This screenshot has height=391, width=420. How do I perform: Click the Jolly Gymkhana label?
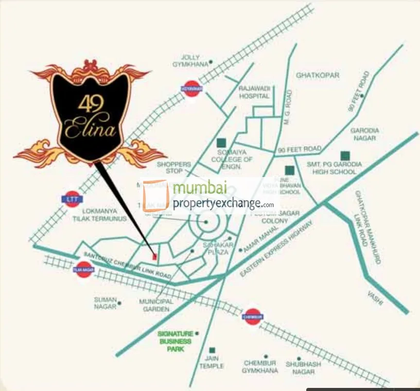click(x=193, y=61)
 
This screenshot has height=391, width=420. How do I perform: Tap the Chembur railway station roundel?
click(x=253, y=315)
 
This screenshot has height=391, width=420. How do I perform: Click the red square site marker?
click(x=154, y=255)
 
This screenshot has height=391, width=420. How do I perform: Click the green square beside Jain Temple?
click(x=212, y=350)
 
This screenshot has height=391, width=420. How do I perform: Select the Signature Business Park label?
click(x=174, y=341)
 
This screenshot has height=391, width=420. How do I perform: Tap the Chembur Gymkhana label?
click(x=260, y=367)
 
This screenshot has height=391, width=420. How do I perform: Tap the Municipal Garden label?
click(x=154, y=305)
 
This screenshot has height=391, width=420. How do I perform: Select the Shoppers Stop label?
click(x=173, y=167)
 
